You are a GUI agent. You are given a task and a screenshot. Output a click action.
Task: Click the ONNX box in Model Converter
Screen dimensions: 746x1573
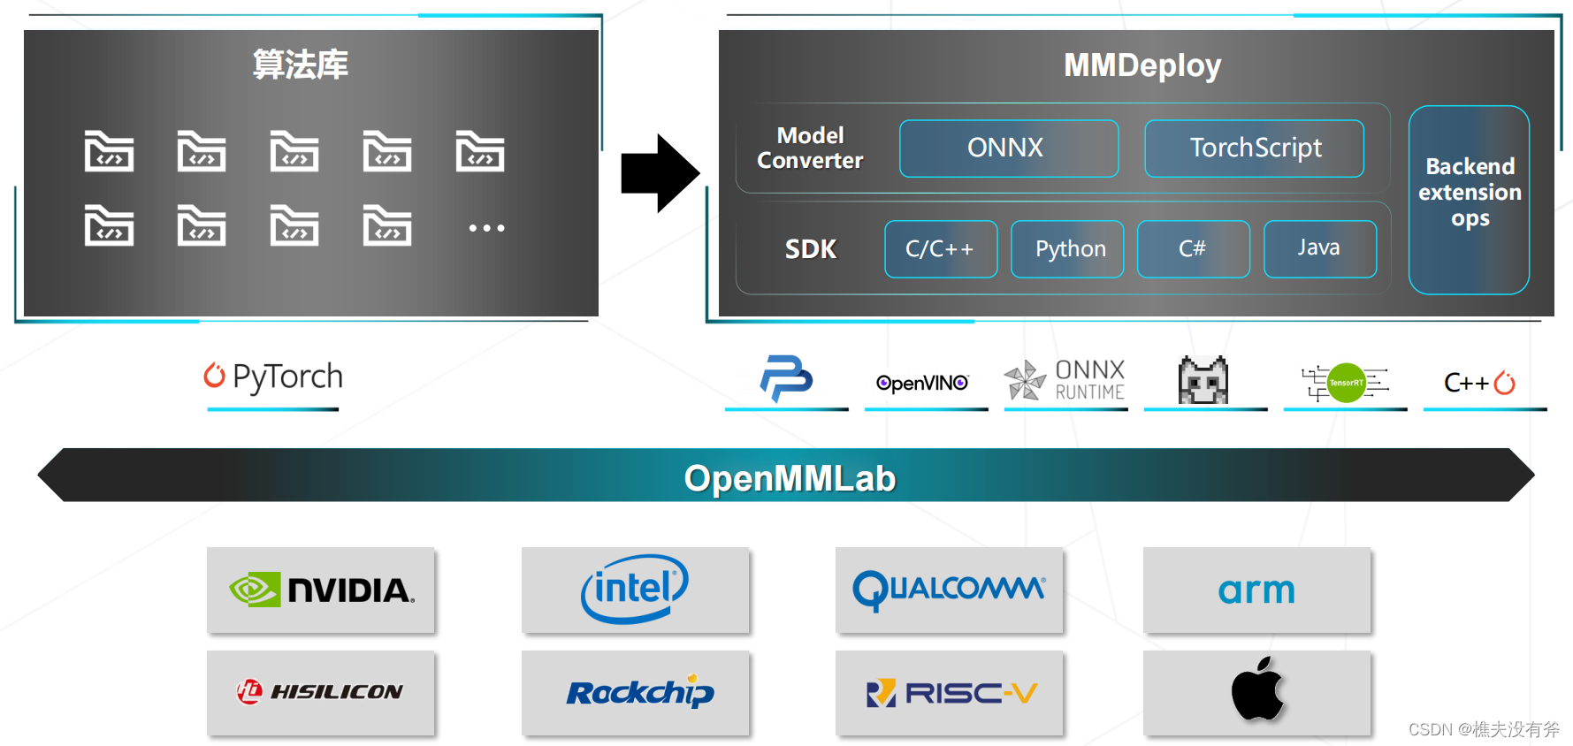(1008, 148)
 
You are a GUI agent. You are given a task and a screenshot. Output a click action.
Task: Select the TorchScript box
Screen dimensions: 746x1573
(1254, 148)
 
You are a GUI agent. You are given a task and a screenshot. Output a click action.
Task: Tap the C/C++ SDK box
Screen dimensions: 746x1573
(941, 249)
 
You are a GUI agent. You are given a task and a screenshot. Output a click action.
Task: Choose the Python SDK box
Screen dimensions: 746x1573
(1067, 249)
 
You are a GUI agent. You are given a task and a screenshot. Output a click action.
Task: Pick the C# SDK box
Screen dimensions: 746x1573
(1193, 249)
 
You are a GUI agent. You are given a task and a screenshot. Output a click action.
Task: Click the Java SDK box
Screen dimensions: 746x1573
(1319, 249)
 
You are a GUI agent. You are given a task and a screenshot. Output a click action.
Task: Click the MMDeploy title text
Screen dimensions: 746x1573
(1142, 65)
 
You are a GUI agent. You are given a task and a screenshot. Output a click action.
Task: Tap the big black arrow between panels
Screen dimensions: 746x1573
(659, 173)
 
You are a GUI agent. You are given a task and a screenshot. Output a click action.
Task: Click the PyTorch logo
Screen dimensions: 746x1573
(273, 377)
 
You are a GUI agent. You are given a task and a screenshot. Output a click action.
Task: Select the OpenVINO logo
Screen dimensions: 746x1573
(922, 383)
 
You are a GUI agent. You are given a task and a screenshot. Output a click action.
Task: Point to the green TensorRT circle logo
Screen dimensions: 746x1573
(1347, 383)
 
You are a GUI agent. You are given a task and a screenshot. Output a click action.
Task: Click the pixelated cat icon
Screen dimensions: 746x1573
(1203, 380)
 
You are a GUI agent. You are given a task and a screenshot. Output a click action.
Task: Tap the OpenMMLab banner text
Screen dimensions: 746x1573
(789, 478)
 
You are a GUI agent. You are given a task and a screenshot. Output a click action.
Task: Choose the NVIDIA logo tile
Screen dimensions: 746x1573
(321, 590)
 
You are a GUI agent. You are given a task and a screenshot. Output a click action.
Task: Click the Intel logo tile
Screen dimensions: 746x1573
(635, 590)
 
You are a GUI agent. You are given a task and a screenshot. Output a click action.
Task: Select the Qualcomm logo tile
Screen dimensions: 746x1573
(949, 590)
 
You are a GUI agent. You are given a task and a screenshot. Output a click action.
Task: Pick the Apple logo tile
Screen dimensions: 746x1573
(1256, 692)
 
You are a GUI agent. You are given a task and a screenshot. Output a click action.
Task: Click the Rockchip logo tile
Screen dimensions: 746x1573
(635, 692)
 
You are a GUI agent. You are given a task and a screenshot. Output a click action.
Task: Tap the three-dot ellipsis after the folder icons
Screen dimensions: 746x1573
(486, 228)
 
